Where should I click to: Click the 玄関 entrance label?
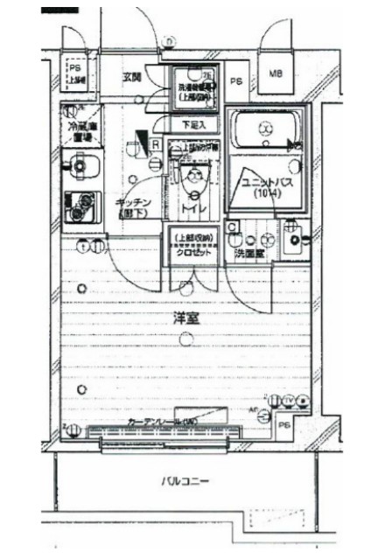(x=133, y=78)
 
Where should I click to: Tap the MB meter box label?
(x=275, y=73)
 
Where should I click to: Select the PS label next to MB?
(x=236, y=82)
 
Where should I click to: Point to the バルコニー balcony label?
(x=184, y=482)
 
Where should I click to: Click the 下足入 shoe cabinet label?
(x=193, y=124)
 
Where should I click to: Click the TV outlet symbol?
(x=289, y=401)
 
